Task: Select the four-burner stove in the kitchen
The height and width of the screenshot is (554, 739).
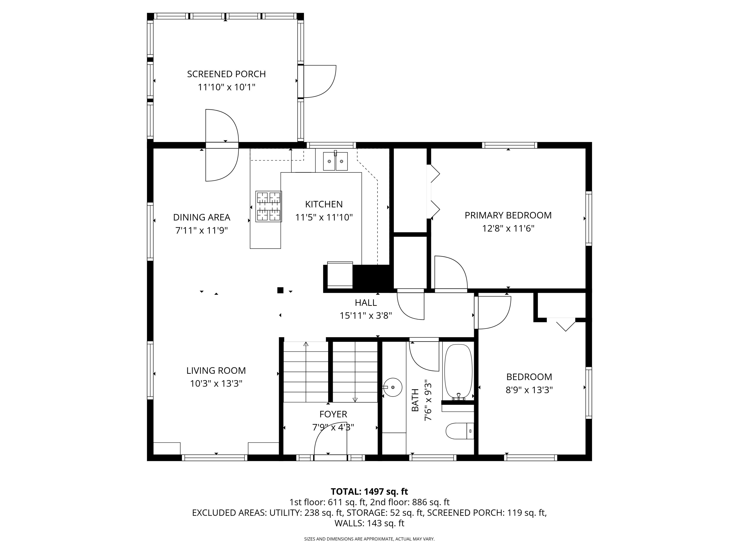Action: point(269,206)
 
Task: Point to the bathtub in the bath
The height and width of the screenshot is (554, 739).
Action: point(458,372)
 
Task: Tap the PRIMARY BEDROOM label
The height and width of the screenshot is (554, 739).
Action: point(508,215)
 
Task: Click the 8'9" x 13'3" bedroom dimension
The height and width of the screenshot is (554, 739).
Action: point(529,390)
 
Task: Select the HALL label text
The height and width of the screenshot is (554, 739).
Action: point(366,303)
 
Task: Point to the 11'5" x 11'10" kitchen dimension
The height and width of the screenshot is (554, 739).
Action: point(324,217)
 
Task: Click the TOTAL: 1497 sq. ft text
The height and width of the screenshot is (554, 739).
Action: point(369,491)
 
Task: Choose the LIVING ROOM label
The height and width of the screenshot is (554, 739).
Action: point(216,370)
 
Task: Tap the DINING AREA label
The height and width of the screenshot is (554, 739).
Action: point(202,217)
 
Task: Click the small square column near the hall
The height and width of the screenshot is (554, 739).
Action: point(280,290)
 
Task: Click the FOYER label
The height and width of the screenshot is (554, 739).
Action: point(333,414)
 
